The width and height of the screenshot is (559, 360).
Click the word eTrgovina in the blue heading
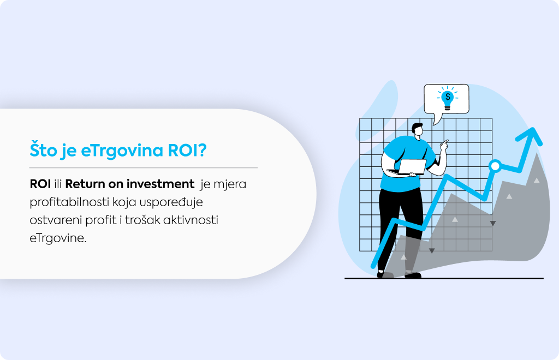[x=122, y=151]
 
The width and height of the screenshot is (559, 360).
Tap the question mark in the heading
[x=203, y=150]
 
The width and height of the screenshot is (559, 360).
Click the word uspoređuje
[x=171, y=202]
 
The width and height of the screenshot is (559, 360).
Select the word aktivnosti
[x=191, y=220]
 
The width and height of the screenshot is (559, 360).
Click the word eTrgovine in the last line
[x=58, y=238]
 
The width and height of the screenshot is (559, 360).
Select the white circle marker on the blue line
[x=495, y=166]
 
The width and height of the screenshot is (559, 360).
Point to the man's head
[x=418, y=130]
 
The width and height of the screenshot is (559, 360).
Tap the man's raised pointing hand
[x=444, y=146]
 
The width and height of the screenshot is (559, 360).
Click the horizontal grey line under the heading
[x=144, y=167]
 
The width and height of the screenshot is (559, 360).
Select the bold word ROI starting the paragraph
[x=40, y=184]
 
